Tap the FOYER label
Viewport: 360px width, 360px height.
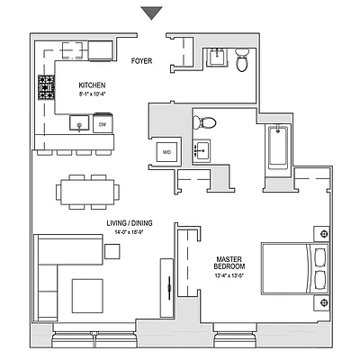tap(142, 63)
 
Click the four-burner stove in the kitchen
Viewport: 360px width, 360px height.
tap(44, 87)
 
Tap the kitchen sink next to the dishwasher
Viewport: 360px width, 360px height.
tap(79, 125)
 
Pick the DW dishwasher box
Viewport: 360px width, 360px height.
tap(102, 125)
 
